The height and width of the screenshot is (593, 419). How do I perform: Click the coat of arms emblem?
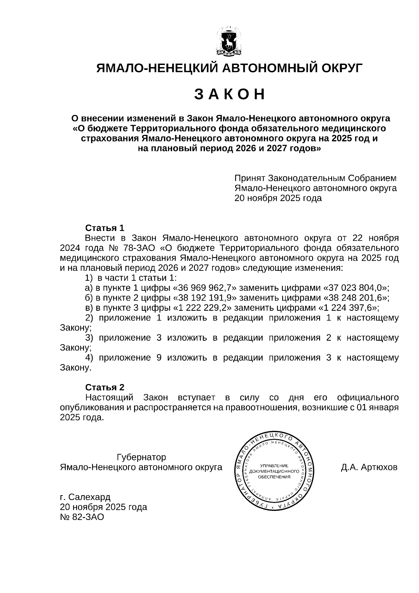229,42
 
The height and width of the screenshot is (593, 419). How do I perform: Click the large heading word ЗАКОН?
229,95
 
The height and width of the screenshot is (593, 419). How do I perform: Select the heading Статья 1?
105,228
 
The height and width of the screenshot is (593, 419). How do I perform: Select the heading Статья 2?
105,388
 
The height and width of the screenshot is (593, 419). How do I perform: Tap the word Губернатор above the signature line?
141,457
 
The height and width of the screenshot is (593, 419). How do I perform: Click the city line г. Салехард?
85,497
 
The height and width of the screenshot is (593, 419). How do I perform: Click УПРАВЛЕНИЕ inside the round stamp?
274,466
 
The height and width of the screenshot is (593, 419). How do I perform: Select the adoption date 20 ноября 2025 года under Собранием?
278,198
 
